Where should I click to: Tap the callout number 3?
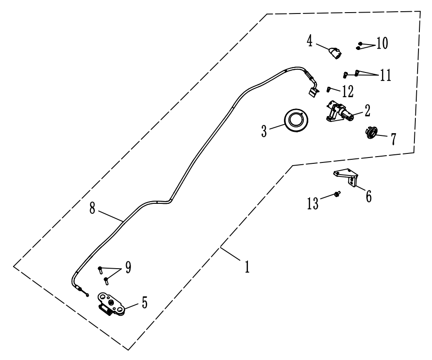264,131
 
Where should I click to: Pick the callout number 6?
369,196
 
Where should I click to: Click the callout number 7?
393,139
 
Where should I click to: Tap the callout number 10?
382,43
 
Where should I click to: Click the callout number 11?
385,75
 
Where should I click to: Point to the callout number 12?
347,91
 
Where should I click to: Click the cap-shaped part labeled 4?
334,54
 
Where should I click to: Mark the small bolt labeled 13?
337,194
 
